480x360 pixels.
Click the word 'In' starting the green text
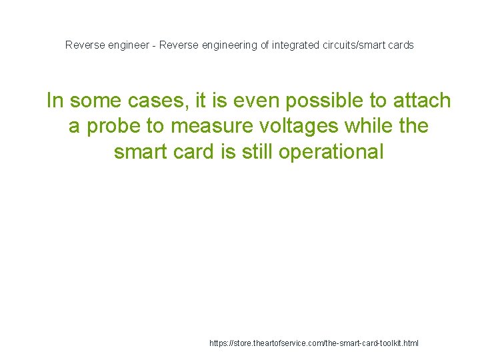(55, 101)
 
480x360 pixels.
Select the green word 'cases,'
(157, 101)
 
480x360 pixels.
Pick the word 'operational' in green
(331, 152)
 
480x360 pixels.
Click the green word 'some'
(97, 101)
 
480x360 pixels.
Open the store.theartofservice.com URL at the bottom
(314, 343)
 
